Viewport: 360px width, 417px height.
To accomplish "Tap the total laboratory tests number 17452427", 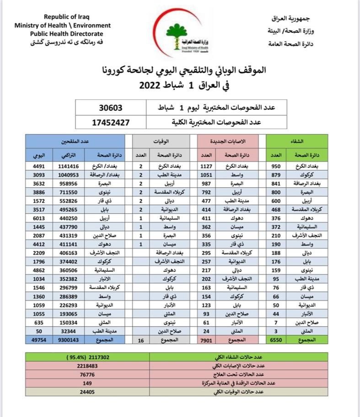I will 112,122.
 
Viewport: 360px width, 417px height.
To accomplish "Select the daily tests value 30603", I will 112,108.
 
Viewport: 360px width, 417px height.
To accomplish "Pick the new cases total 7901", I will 206,341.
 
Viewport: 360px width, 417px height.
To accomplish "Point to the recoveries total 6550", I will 277,341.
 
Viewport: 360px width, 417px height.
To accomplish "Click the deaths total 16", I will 140,341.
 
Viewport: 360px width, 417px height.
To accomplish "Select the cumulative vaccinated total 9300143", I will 69,341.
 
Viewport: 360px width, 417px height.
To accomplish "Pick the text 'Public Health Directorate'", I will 66,33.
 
